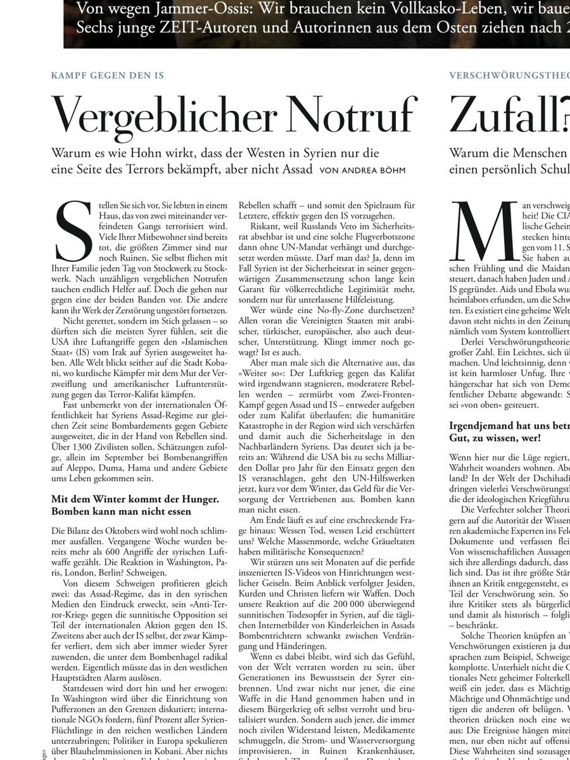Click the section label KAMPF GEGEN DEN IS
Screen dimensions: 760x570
point(107,75)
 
